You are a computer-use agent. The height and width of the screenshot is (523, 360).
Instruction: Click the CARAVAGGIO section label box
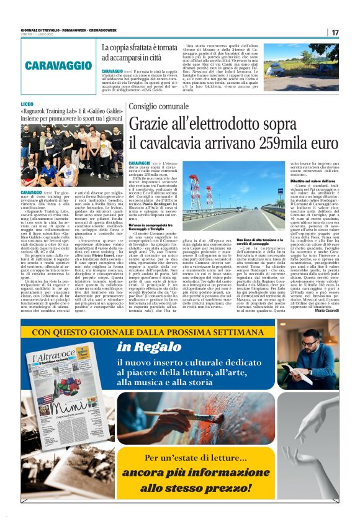[x=60, y=65]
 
